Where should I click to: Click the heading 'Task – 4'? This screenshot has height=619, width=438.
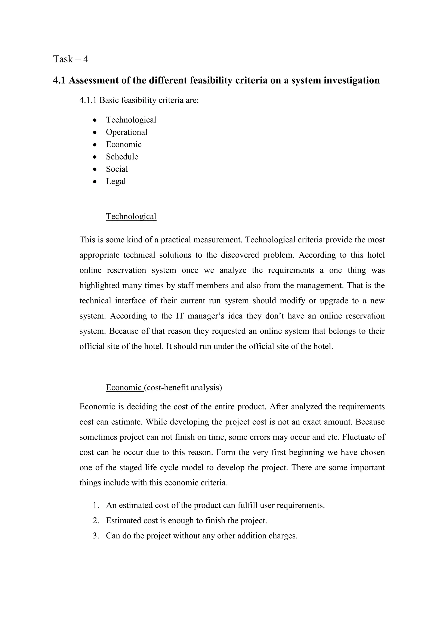click(70, 59)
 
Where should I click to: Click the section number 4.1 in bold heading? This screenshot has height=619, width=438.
click(59, 80)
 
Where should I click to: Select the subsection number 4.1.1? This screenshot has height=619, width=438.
click(88, 100)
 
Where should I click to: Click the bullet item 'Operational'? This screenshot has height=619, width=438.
click(126, 132)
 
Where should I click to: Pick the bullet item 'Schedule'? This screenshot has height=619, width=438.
click(122, 157)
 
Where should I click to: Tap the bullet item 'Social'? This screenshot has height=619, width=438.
click(117, 169)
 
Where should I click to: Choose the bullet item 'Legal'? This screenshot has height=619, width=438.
click(116, 181)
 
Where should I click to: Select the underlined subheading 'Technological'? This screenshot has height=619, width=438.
click(131, 217)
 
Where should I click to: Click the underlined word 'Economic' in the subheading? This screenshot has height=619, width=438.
click(124, 388)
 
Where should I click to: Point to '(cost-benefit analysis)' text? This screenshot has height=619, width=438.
click(183, 388)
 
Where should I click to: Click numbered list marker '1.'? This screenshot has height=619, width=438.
click(96, 505)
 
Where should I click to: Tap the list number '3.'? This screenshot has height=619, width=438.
click(96, 536)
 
